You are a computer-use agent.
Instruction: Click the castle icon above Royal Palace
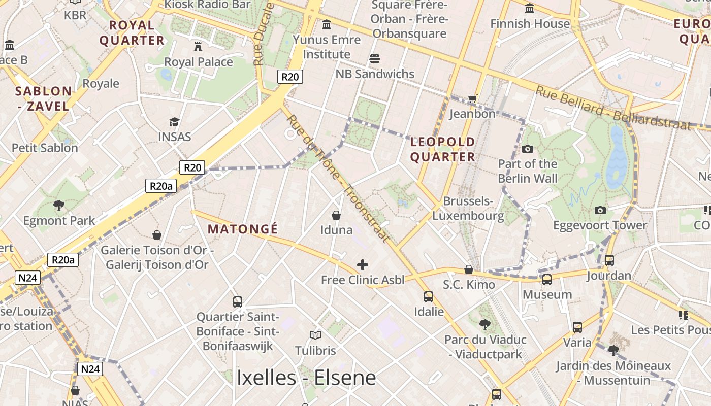(x=198, y=47)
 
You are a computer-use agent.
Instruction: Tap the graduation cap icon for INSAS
(x=174, y=122)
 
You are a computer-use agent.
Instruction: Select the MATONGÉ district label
(x=243, y=229)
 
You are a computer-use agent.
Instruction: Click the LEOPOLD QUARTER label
(x=442, y=149)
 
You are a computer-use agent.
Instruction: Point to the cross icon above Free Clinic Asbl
(x=363, y=265)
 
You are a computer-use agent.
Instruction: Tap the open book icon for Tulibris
(x=315, y=335)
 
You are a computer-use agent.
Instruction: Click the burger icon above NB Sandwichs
(x=375, y=59)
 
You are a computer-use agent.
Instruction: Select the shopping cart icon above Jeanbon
(x=473, y=98)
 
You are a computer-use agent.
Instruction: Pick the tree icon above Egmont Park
(x=59, y=206)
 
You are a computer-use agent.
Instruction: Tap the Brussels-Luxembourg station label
(x=468, y=209)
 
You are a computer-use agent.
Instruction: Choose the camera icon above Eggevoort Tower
(x=600, y=210)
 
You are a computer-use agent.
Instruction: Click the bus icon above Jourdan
(x=609, y=260)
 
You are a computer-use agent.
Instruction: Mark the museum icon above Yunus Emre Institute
(x=327, y=24)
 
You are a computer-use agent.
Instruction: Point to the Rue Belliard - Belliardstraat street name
(x=614, y=108)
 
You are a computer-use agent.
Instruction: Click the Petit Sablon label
(x=45, y=148)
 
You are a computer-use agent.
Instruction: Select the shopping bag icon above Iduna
(x=336, y=215)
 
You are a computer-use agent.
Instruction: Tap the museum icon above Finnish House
(x=530, y=9)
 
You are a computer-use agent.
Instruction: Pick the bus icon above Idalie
(x=429, y=297)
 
